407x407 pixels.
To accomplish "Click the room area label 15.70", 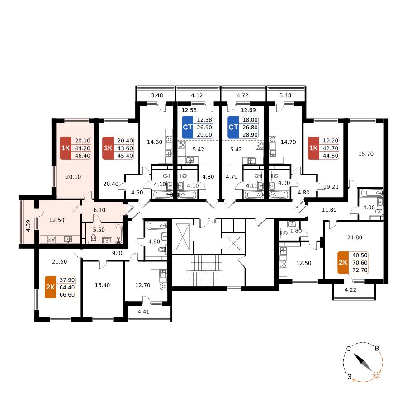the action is pyautogui.click(x=366, y=154).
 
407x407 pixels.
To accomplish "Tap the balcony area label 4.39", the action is pyautogui.click(x=28, y=226).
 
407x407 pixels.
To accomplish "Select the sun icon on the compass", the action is pyautogui.click(x=376, y=376).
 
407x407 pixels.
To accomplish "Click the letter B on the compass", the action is pyautogui.click(x=377, y=348).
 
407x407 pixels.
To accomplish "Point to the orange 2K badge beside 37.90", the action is pyautogui.click(x=50, y=287).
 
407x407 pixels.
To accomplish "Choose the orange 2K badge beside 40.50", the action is pyautogui.click(x=343, y=262).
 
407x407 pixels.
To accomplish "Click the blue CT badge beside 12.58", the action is pyautogui.click(x=187, y=127).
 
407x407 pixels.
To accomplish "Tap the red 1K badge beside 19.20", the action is pyautogui.click(x=313, y=148).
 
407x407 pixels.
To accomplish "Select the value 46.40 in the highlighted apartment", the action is pyautogui.click(x=83, y=156).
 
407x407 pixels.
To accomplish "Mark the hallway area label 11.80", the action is pyautogui.click(x=329, y=210).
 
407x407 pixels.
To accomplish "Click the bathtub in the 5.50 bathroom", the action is pyautogui.click(x=118, y=234).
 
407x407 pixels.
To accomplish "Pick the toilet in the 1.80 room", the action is pyautogui.click(x=284, y=232).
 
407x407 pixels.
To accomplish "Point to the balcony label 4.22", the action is pyautogui.click(x=350, y=290).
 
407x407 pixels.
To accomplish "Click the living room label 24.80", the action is pyautogui.click(x=355, y=237).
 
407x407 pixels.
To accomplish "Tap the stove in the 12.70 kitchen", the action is pyautogui.click(x=163, y=286).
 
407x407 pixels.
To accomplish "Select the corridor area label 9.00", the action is pyautogui.click(x=118, y=253).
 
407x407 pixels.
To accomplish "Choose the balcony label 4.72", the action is pyautogui.click(x=242, y=95).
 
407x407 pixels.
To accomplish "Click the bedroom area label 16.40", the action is pyautogui.click(x=102, y=285).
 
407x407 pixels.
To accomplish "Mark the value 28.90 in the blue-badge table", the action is pyautogui.click(x=250, y=135).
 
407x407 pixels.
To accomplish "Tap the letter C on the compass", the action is pyautogui.click(x=349, y=349).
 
